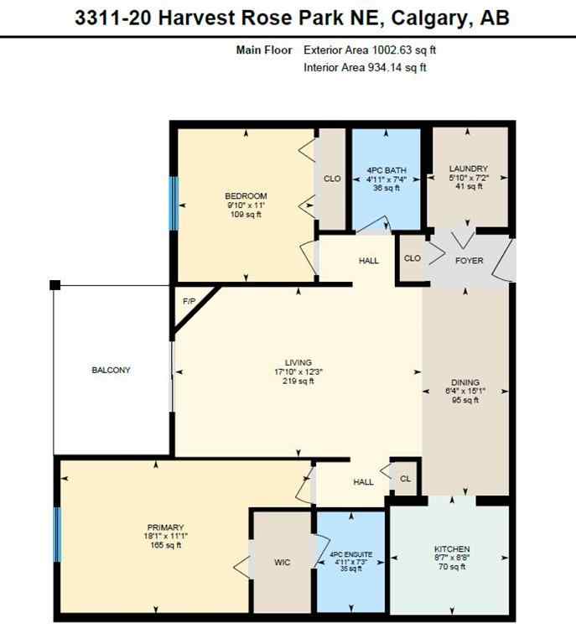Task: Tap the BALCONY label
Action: (x=111, y=370)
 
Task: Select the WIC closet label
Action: (x=283, y=562)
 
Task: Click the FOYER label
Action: (x=469, y=261)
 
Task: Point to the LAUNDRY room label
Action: (x=468, y=169)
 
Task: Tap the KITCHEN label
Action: (x=452, y=549)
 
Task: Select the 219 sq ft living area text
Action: (x=298, y=382)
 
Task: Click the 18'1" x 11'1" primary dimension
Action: (x=163, y=538)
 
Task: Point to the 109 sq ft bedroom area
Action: (x=246, y=214)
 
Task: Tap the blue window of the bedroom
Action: (x=174, y=204)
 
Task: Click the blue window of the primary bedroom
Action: (x=58, y=534)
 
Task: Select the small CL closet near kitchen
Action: (x=405, y=479)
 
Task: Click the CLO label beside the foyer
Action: (x=412, y=259)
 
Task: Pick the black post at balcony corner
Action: (x=54, y=285)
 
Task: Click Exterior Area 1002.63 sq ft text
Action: (x=370, y=50)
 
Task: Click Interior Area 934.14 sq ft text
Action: (x=366, y=68)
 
